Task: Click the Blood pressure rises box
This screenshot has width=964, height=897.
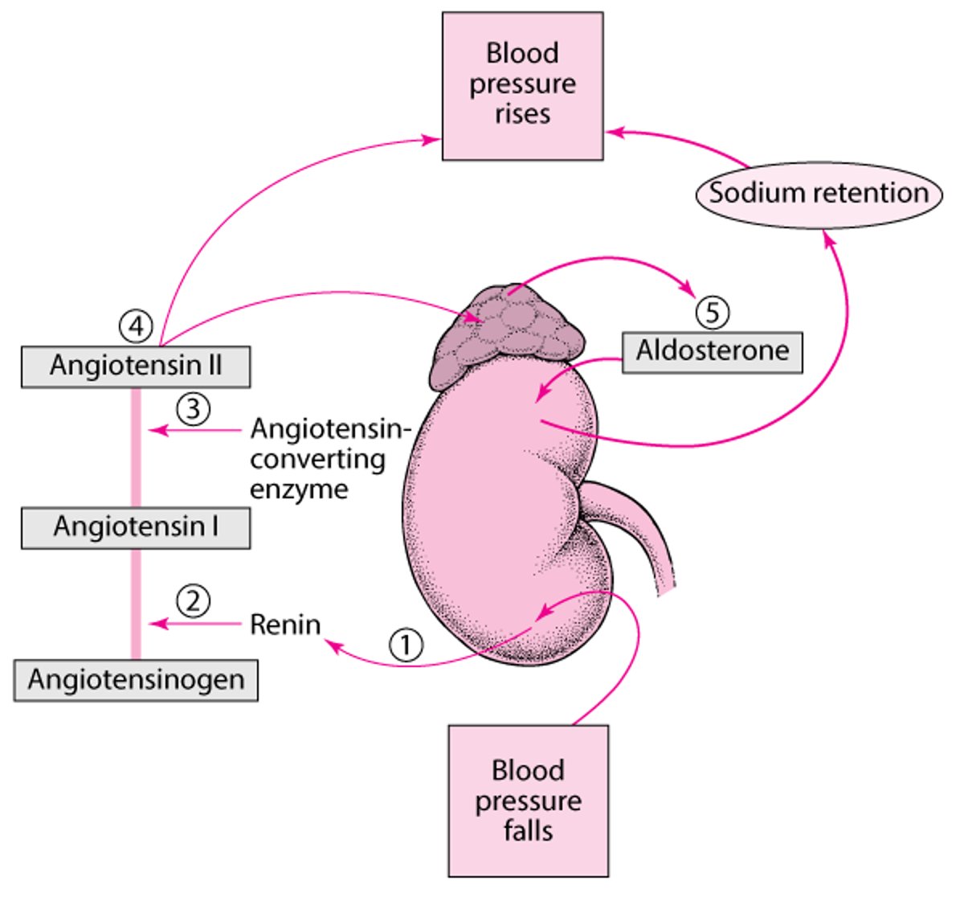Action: point(522,85)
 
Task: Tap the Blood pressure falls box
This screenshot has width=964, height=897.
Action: point(528,801)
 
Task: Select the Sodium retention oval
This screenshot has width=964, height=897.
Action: point(818,194)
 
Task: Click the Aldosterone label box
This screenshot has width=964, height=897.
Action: point(713,352)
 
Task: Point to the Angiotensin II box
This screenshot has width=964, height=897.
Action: point(136,367)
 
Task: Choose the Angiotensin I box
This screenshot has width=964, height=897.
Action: point(136,527)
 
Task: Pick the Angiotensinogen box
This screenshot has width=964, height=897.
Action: point(136,680)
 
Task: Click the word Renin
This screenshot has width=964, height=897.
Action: point(285,625)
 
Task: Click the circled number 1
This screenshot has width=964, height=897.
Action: point(406,644)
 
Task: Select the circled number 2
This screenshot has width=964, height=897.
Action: point(193,600)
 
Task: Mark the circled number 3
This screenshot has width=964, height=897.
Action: point(193,408)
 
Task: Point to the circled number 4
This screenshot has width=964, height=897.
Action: point(136,326)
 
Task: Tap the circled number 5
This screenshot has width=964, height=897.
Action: point(713,312)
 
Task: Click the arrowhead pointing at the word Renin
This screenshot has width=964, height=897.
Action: point(329,644)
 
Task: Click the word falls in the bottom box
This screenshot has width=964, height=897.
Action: point(528,831)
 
